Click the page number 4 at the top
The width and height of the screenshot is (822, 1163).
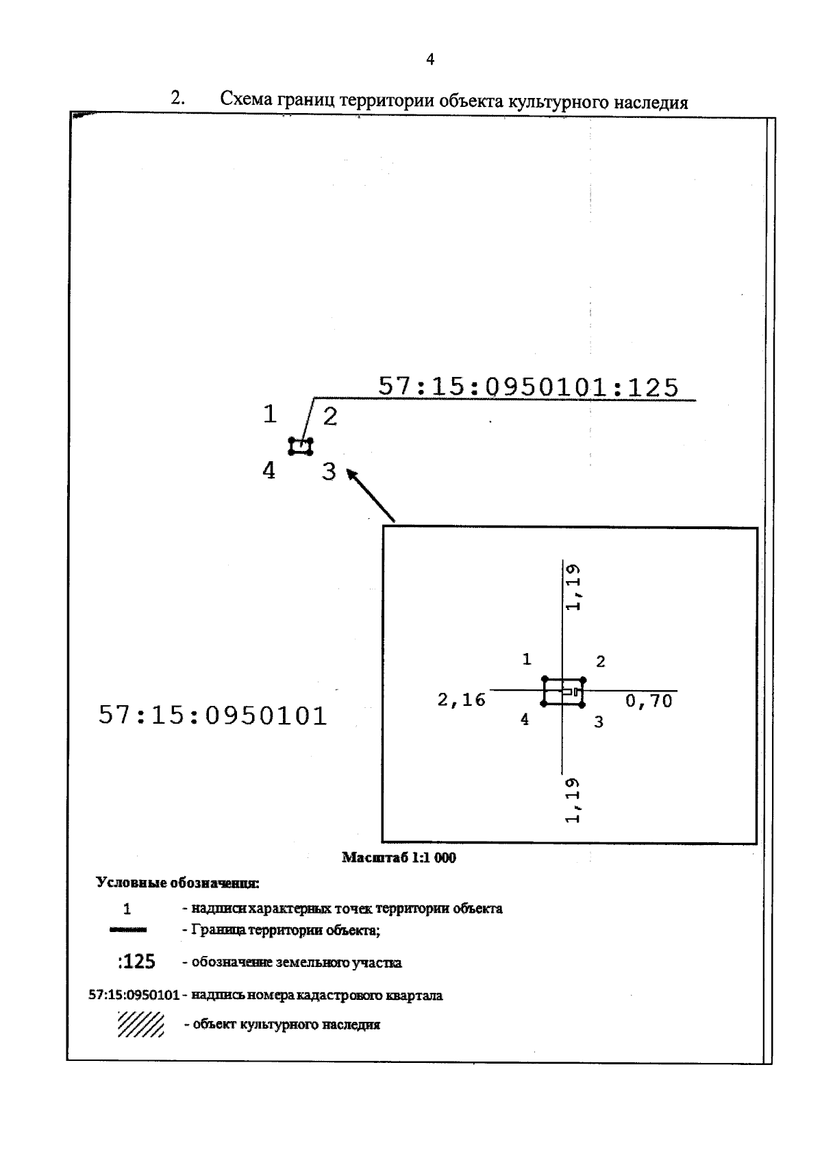(x=429, y=60)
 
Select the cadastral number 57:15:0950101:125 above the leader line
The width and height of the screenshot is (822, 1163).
(x=528, y=387)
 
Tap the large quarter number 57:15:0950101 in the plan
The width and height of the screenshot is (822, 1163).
(x=213, y=715)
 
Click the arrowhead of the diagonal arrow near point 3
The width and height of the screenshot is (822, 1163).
(x=351, y=474)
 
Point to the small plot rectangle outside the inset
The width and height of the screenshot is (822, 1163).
(x=301, y=447)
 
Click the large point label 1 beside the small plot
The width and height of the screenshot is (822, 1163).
(x=270, y=414)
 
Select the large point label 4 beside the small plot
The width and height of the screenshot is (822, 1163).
(x=269, y=470)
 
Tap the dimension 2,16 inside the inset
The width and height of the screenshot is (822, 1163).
(x=461, y=700)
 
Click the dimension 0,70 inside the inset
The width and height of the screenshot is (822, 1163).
(x=649, y=701)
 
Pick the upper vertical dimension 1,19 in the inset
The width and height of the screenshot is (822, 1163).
(x=573, y=587)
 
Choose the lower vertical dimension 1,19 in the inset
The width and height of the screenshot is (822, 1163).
(x=573, y=800)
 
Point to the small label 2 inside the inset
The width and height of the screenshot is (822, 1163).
(x=601, y=661)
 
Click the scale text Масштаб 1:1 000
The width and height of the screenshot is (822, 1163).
(x=399, y=857)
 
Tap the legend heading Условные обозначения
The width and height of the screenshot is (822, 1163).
(x=177, y=883)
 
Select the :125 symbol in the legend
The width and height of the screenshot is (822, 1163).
(x=136, y=962)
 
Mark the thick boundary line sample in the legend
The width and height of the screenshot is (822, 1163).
(x=127, y=930)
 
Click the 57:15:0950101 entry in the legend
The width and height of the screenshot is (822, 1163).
(x=134, y=995)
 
